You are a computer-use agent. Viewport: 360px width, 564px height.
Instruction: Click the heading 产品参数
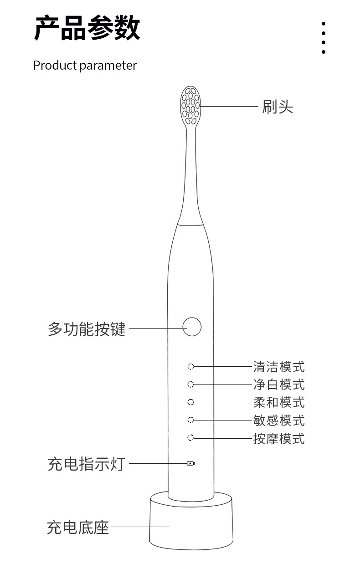[x=87, y=28]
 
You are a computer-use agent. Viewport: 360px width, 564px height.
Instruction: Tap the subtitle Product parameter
[x=85, y=66]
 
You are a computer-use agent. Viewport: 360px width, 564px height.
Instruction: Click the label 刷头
[x=278, y=107]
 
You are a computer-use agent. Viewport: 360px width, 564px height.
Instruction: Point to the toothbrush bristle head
[x=190, y=106]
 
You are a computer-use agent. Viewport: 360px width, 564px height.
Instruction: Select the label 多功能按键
[x=87, y=329]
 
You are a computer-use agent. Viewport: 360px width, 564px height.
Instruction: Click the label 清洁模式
[x=279, y=367]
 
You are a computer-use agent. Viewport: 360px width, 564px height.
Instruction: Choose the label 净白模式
[x=279, y=385]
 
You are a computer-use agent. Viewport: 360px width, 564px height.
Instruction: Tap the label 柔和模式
[x=279, y=402]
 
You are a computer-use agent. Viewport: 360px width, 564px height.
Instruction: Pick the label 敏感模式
[x=279, y=420]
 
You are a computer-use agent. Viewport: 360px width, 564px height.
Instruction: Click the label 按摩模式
[x=279, y=438]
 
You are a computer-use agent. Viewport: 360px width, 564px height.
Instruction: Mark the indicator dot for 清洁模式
[x=190, y=367]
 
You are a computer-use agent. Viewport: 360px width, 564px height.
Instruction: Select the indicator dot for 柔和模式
[x=190, y=402]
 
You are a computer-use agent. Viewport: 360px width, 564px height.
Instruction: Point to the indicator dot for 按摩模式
[x=190, y=438]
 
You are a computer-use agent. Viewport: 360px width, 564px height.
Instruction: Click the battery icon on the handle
[x=190, y=463]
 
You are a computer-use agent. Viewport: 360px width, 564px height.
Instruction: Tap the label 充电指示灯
[x=87, y=464]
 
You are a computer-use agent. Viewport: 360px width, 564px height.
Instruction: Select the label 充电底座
[x=78, y=527]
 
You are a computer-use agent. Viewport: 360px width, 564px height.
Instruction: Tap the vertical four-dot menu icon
[x=324, y=38]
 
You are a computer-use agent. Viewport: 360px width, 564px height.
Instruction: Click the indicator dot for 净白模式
[x=190, y=384]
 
